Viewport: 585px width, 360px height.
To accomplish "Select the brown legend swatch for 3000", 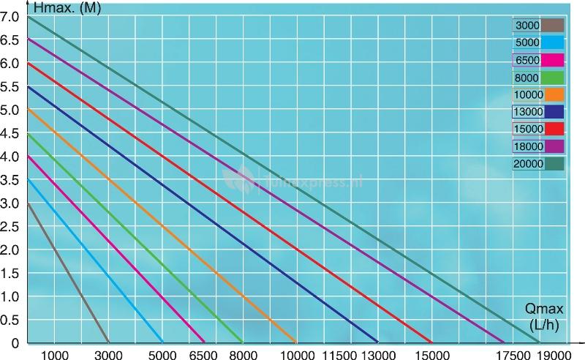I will [554, 26].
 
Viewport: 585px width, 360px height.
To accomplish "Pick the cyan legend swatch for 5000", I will [554, 42].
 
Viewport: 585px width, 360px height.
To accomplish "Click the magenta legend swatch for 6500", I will [554, 60].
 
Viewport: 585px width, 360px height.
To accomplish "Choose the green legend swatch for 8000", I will [554, 77].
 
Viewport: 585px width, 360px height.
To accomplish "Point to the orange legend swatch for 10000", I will [554, 94].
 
